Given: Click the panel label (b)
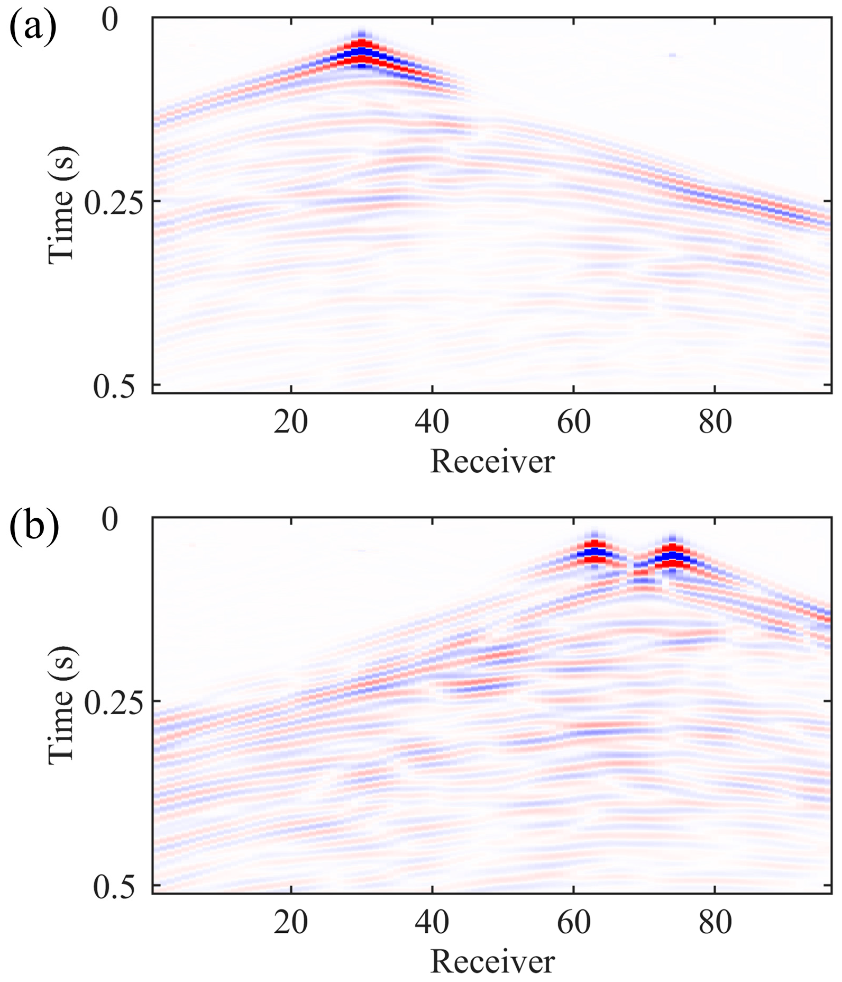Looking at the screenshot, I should [x=34, y=527].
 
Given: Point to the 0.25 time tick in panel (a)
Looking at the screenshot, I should [x=114, y=203].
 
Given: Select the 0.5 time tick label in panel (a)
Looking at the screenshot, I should [x=114, y=386].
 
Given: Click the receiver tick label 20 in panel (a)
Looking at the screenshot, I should [x=290, y=422].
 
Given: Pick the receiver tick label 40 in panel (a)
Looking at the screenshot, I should [x=432, y=422].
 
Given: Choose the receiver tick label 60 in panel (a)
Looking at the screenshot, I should [x=574, y=422].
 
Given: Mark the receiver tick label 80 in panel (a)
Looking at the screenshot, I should [x=715, y=422].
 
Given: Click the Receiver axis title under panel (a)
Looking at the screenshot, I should [x=492, y=462].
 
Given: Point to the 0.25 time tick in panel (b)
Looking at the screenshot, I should [x=114, y=702].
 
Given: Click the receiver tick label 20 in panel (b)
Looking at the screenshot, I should [x=290, y=922].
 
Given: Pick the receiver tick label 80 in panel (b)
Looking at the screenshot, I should [x=715, y=922].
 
